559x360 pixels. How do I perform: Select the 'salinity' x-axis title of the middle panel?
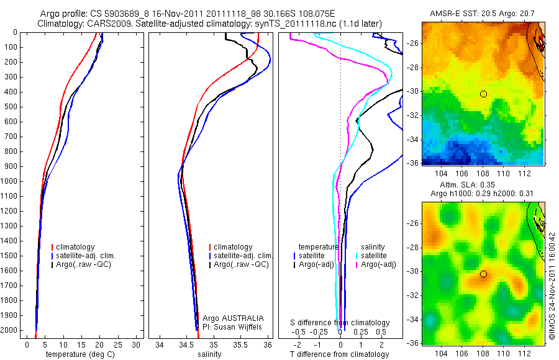[x=209, y=354]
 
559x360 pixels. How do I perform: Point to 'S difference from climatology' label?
[x=340, y=323]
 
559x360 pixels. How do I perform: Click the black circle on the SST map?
[x=483, y=94]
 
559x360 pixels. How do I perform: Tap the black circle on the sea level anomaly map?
[x=483, y=274]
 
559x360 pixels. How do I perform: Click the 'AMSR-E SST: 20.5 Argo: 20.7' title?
[x=483, y=14]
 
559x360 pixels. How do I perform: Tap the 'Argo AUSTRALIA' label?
[x=229, y=318]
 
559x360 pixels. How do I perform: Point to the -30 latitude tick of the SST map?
[x=413, y=91]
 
